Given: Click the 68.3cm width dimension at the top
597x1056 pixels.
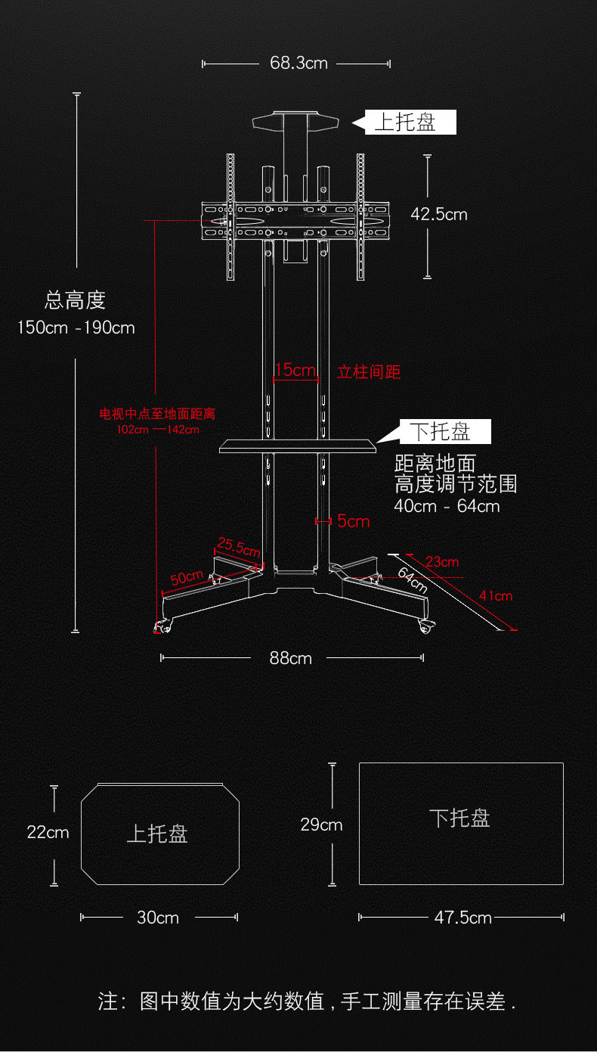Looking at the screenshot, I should coord(298,63).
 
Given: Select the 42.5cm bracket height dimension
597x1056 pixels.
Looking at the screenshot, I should coord(439,214).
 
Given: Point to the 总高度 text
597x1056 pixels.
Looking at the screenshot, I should coord(75,300).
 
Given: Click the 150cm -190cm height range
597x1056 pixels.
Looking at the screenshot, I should coord(76,328).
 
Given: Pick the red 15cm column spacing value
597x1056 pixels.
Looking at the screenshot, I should coord(295,370).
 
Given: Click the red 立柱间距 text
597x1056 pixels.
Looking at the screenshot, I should coord(368,371).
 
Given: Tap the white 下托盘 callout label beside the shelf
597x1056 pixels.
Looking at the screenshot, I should coord(441,432).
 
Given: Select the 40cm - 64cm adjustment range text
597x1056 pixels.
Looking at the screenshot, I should coord(447,506).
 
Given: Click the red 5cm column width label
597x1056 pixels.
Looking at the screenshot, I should coord(353,520).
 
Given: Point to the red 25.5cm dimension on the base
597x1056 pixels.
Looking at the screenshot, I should coord(239,545).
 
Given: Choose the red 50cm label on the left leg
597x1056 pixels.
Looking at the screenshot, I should coord(186,578).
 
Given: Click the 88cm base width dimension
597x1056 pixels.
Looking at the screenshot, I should coord(291,658).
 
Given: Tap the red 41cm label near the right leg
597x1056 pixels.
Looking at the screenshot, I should coord(495,596).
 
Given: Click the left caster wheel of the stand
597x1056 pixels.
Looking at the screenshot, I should coord(162,626).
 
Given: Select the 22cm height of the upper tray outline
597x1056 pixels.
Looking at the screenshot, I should coord(48,832).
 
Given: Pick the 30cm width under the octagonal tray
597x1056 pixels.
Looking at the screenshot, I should coord(158,918).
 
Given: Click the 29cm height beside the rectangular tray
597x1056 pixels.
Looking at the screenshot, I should coord(321,824).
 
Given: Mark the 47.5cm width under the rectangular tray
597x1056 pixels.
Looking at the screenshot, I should coord(462,918).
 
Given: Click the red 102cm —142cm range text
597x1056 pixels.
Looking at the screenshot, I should coord(158,430).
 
